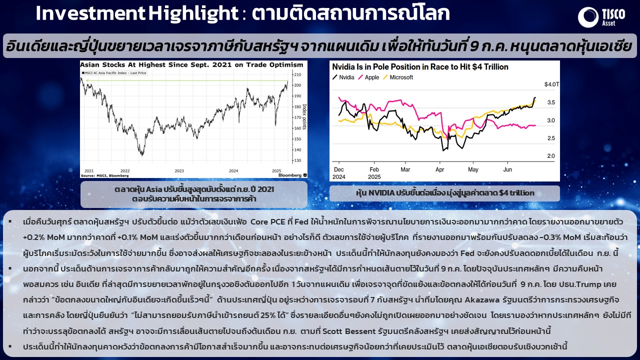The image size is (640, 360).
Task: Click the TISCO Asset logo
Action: click(x=601, y=17)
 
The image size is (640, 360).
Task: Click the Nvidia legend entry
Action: click(x=343, y=77)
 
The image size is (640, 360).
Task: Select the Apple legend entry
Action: click(x=368, y=77)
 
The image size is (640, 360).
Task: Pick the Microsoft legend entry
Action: click(x=397, y=77)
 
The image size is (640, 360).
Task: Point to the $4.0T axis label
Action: click(x=551, y=84)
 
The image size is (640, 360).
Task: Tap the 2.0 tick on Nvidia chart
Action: click(x=551, y=155)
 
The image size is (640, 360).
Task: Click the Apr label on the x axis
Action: click(x=439, y=169)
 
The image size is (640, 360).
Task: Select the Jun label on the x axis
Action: click(x=507, y=169)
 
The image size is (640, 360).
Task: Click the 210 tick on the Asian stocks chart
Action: click(x=297, y=74)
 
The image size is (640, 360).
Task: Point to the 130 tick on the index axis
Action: click(x=297, y=160)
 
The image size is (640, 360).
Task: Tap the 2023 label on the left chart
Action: click(x=179, y=171)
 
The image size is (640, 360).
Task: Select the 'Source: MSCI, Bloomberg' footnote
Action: click(x=105, y=175)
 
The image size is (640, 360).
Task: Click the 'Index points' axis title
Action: click(x=304, y=116)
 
